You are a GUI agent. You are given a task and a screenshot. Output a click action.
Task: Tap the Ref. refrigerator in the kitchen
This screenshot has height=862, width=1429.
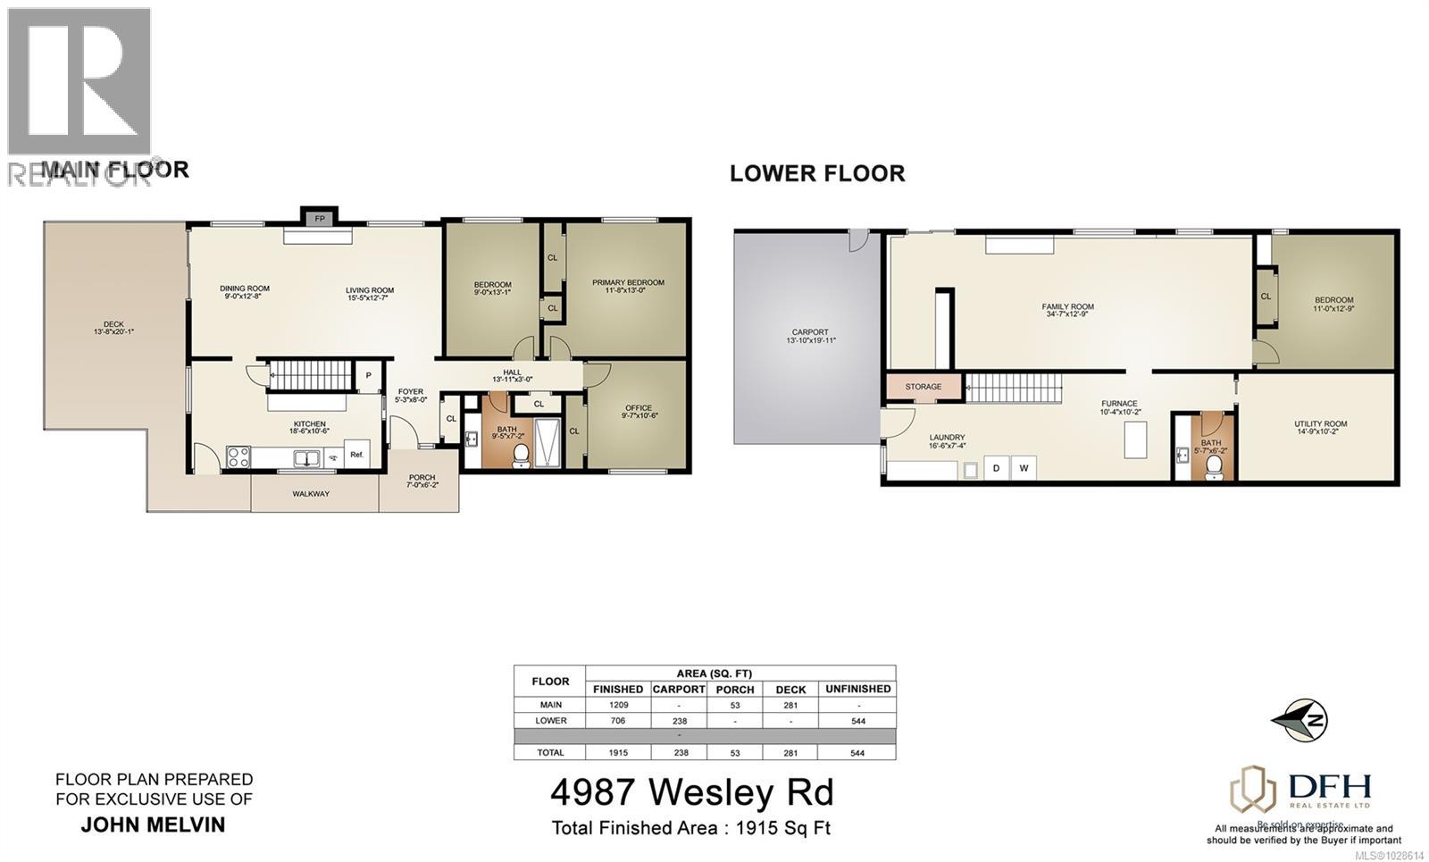tap(357, 454)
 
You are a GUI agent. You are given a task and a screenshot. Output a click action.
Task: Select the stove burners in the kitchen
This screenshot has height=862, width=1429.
tap(238, 457)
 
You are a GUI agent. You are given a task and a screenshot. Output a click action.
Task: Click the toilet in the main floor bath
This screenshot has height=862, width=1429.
tap(521, 454)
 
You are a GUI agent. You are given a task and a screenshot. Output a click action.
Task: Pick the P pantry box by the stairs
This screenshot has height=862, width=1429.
tap(368, 375)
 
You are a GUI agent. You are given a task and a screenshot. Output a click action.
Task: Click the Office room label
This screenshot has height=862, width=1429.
tap(638, 412)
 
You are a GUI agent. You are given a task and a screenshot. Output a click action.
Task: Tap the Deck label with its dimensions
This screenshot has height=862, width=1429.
tap(113, 328)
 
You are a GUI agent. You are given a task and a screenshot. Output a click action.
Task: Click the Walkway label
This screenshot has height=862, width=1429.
tap(311, 493)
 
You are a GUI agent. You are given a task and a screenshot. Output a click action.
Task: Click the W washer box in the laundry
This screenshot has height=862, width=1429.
tap(1024, 468)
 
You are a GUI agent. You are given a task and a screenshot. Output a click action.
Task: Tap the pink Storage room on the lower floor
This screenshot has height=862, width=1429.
tap(923, 387)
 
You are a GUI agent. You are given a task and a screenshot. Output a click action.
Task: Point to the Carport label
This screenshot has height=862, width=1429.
tap(810, 336)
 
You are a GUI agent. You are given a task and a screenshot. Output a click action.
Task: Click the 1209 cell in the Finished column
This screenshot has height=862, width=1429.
tap(617, 705)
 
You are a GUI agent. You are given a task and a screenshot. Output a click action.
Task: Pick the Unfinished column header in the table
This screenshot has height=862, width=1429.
tap(857, 689)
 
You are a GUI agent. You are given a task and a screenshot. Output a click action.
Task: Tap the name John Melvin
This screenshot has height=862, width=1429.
tap(153, 824)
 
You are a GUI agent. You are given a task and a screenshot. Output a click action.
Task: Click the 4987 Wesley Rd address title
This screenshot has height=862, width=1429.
tap(691, 792)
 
